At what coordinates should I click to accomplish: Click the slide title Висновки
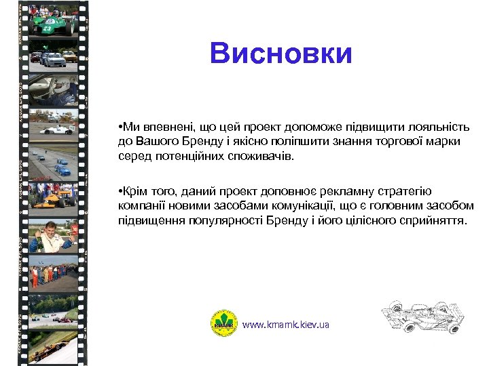point(281,54)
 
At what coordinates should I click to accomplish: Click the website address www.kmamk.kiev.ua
point(286,325)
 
